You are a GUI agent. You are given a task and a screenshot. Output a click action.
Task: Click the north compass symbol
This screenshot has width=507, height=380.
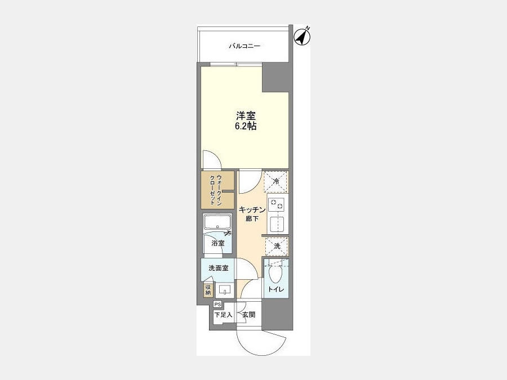pos(303,36)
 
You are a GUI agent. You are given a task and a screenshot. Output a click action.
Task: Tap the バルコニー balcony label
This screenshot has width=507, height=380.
pos(244,46)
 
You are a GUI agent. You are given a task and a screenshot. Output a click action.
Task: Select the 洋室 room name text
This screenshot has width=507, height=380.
pos(246,116)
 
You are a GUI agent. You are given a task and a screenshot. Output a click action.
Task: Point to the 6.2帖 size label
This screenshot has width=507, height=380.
pos(246,126)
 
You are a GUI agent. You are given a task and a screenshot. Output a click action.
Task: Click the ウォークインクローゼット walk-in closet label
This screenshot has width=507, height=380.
pos(216,190)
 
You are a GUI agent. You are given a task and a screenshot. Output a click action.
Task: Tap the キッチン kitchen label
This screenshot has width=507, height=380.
pos(252,210)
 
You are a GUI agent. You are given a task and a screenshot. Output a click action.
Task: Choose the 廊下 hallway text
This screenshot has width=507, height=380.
pos(252,219)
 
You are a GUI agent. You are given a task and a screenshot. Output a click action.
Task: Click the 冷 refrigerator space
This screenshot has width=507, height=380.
pos(276,182)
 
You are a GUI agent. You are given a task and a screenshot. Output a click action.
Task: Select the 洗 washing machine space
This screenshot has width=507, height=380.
pos(277,246)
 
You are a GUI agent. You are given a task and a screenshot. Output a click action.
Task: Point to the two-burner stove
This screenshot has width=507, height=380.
pos(276,204)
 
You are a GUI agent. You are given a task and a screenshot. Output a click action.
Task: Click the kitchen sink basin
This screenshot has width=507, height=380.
pos(277,224)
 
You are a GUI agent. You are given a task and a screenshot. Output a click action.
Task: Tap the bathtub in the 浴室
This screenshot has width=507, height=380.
pos(217,222)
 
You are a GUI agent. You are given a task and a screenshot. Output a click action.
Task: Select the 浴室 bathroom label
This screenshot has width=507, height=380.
pos(218,243)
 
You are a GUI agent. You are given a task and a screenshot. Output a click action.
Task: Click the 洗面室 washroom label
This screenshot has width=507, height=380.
pos(219,268)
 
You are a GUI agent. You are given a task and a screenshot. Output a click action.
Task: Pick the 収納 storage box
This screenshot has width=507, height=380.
pos(208,290)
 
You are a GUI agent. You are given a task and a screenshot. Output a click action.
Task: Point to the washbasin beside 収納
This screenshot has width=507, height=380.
pos(225,290)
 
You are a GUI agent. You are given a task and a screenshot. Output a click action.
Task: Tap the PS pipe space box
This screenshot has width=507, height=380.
pos(217,305)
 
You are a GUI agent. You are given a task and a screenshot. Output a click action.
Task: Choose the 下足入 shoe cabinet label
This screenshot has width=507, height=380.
pos(223,314)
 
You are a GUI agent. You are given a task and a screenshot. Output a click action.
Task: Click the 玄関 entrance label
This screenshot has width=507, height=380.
pos(249,314)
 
